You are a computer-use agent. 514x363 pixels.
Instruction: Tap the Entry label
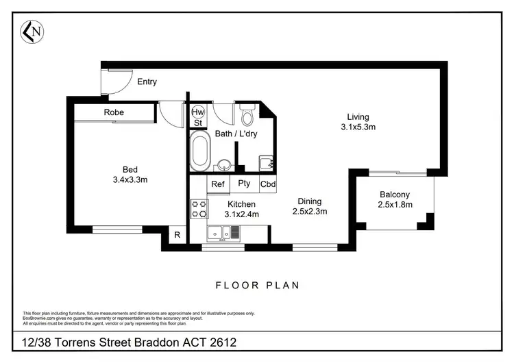tap(147, 82)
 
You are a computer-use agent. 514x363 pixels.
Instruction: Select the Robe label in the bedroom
tap(114, 112)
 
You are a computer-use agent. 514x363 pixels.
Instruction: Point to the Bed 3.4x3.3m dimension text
tap(130, 175)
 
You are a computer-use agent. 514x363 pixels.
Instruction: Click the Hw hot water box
tap(198, 112)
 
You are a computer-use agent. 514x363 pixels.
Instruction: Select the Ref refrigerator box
tap(218, 184)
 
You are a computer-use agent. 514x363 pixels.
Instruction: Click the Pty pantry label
tap(244, 184)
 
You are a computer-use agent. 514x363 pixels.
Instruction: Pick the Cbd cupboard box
tap(268, 184)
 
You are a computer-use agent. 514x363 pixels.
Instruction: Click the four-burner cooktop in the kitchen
tap(199, 209)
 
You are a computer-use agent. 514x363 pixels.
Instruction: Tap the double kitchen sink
tap(225, 234)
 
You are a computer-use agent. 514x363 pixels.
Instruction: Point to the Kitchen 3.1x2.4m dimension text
tap(241, 210)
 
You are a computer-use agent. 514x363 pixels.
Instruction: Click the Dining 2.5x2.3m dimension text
tap(309, 206)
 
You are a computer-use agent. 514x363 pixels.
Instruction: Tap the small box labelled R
tap(177, 235)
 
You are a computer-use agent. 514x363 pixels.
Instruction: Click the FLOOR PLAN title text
tap(257, 285)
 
